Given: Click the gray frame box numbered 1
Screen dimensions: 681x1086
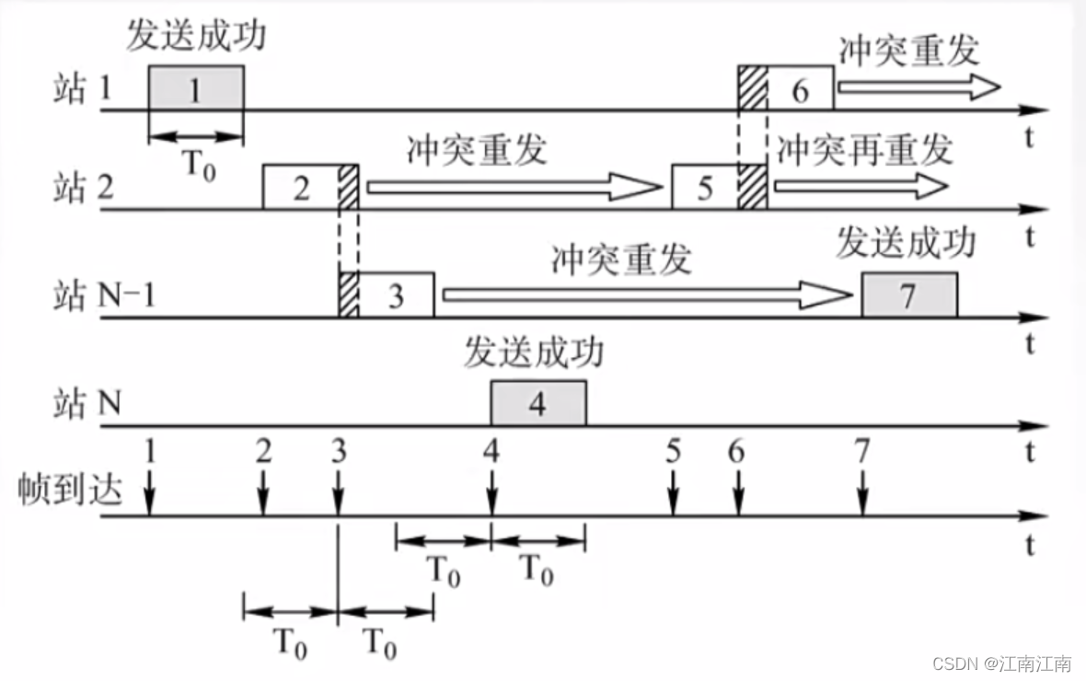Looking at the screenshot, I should coord(196,88).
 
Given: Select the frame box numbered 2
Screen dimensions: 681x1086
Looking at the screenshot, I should coord(302,188).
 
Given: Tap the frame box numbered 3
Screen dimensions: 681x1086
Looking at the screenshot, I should coord(396,295).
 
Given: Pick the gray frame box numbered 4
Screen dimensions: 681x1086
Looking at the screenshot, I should coord(537,404).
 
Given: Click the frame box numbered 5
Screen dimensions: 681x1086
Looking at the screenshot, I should coord(705,188).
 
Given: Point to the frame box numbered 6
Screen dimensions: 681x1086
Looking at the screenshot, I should coord(799,88).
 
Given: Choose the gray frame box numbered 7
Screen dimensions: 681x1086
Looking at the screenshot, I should coord(909,295).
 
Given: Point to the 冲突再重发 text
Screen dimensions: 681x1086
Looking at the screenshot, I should coord(863,149).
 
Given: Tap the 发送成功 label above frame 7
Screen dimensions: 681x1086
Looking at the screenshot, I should coord(906,246).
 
